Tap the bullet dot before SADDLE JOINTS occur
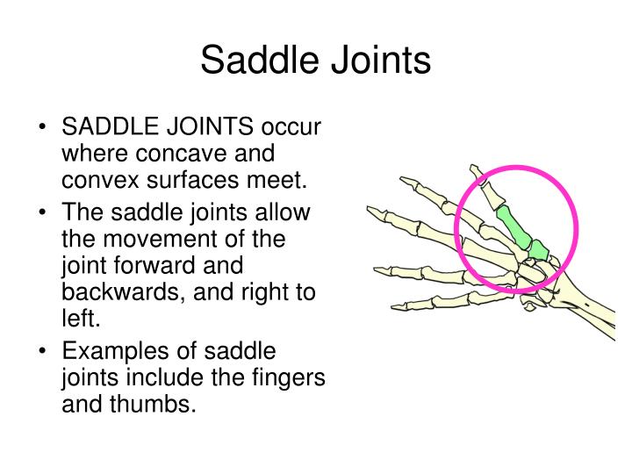[x=43, y=129]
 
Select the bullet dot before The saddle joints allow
[x=43, y=214]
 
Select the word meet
[x=283, y=181]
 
